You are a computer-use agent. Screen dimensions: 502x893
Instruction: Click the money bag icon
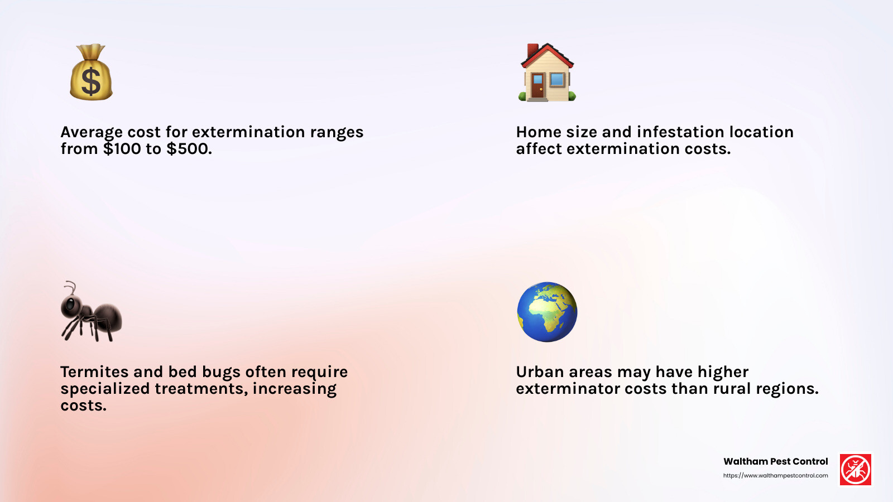pyautogui.click(x=91, y=73)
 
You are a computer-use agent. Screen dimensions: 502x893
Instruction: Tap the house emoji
pyautogui.click(x=547, y=73)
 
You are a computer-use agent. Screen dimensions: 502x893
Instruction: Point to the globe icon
pyautogui.click(x=547, y=312)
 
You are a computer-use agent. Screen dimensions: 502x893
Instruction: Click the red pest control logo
pyautogui.click(x=856, y=470)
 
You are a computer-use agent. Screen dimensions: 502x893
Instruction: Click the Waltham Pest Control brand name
pyautogui.click(x=775, y=461)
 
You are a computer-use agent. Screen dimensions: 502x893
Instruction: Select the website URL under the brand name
pyautogui.click(x=775, y=476)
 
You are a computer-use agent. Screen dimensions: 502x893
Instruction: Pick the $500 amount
pyautogui.click(x=189, y=149)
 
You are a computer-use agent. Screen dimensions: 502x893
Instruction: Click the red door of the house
pyautogui.click(x=537, y=86)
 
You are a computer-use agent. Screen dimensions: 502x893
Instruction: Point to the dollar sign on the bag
pyautogui.click(x=91, y=81)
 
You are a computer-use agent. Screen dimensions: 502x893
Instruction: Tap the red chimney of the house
pyautogui.click(x=533, y=50)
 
